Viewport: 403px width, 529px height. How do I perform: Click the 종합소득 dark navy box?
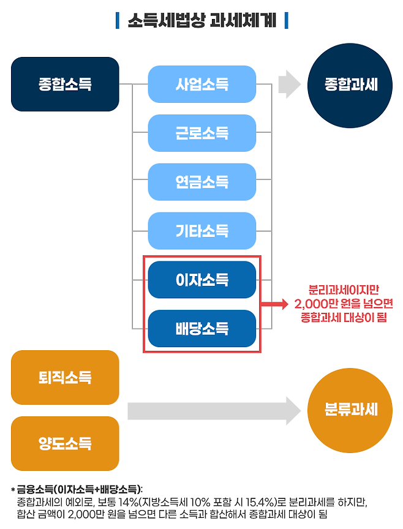click(64, 84)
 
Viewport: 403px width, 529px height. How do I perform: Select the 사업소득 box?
click(201, 84)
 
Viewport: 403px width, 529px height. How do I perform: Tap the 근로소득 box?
click(201, 133)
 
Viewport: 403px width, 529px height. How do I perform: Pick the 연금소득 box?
click(201, 182)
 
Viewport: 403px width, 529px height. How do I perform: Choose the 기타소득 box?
click(201, 231)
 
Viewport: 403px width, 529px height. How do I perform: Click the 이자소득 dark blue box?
click(201, 280)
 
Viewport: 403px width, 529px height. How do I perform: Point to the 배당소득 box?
click(201, 329)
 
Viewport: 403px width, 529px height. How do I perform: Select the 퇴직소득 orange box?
click(64, 377)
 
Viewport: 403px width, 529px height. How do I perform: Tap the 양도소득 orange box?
click(64, 443)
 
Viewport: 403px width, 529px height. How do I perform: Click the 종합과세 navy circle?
click(351, 84)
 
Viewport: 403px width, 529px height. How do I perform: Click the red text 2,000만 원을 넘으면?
click(343, 304)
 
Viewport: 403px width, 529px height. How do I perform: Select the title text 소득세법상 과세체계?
click(201, 20)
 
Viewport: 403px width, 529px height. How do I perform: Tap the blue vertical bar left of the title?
click(118, 20)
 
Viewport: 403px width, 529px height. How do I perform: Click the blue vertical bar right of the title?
click(286, 20)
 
